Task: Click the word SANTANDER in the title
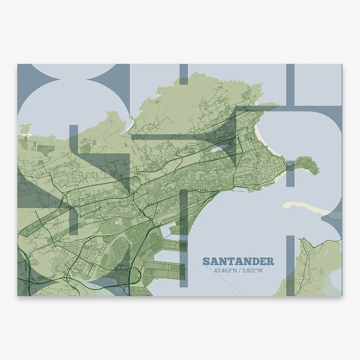[238, 262]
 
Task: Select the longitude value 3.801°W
[251, 271]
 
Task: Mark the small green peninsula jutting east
[308, 165]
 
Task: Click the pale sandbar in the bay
[306, 208]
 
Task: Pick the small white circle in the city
[117, 223]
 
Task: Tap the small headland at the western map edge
[25, 129]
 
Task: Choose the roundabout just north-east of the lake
[237, 136]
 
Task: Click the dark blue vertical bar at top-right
[290, 84]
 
